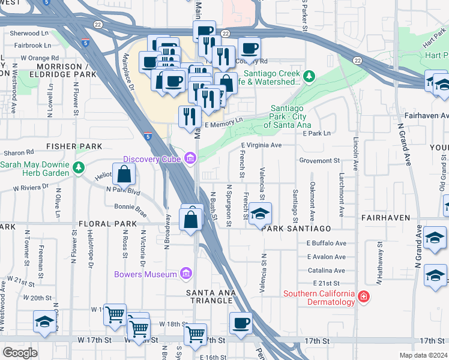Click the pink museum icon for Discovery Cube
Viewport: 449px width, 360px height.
(x=191, y=159)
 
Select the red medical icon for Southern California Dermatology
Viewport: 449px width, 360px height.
(x=363, y=298)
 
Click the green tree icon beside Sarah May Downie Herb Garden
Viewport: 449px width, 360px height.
(x=78, y=168)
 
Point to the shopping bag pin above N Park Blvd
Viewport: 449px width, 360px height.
(x=124, y=174)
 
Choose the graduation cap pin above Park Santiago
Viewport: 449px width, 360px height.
(x=260, y=214)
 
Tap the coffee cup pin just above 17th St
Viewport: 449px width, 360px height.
(x=241, y=323)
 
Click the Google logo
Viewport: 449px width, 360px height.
(x=19, y=353)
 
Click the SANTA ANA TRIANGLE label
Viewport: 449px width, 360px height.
(x=209, y=296)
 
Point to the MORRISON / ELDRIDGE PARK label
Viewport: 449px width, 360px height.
(x=67, y=70)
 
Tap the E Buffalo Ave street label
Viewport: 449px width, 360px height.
(x=327, y=244)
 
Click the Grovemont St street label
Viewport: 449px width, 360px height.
(x=319, y=161)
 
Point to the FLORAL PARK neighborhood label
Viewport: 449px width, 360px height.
(x=103, y=224)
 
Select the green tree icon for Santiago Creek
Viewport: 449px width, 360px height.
(x=309, y=76)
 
